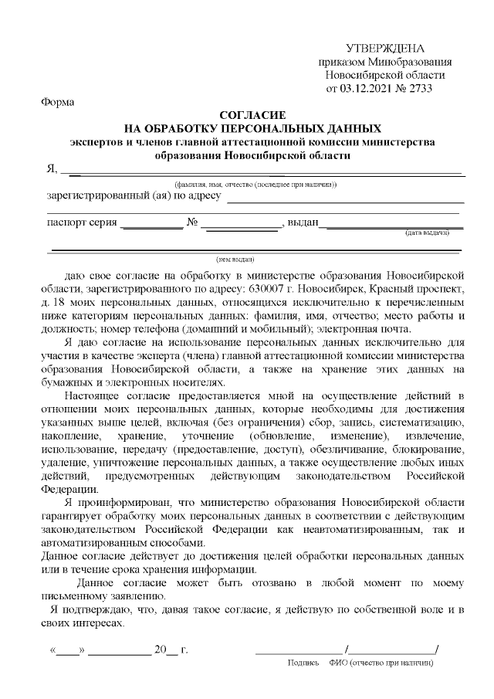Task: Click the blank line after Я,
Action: (x=262, y=170)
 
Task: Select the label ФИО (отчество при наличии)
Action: (x=381, y=663)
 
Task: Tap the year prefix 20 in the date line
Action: (x=161, y=650)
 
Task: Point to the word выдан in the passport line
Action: (x=303, y=224)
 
